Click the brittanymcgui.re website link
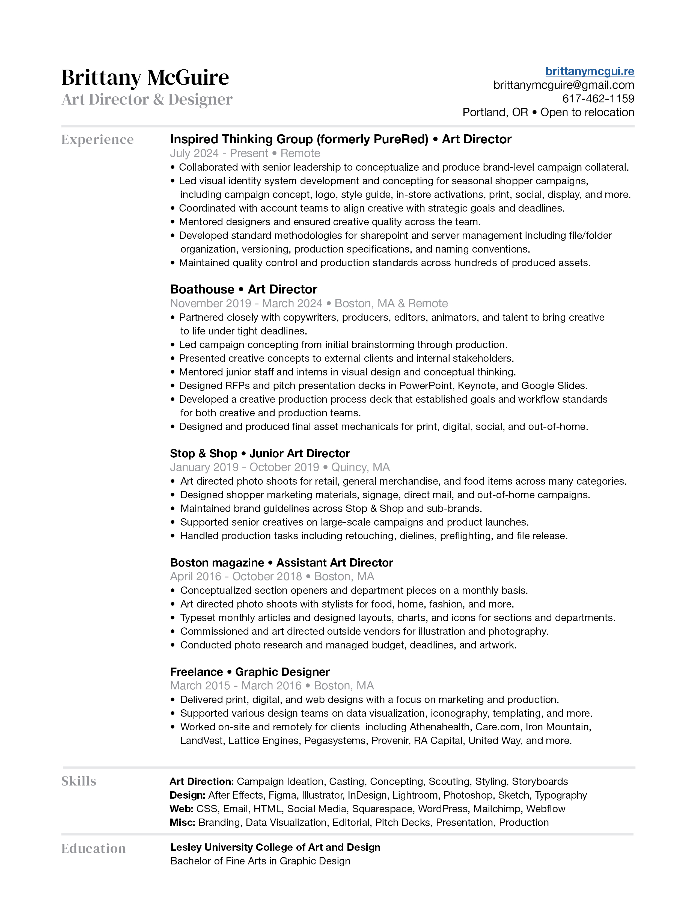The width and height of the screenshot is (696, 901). (x=589, y=71)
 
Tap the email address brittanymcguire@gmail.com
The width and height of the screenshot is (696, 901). (x=563, y=85)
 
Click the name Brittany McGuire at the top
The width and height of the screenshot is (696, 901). (x=145, y=78)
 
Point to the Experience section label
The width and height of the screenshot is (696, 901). (x=97, y=140)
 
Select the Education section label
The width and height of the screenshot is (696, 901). (x=94, y=848)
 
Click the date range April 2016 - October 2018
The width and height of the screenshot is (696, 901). (x=236, y=576)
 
